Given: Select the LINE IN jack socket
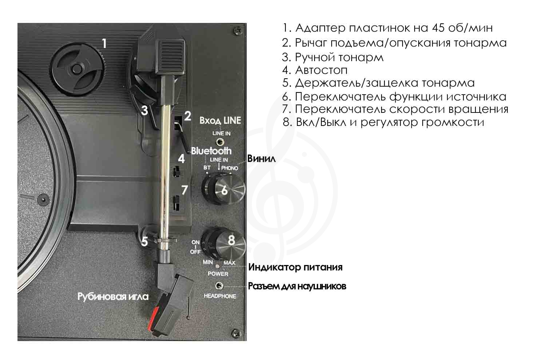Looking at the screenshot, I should pos(220,141).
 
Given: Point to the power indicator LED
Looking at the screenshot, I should pos(217,267).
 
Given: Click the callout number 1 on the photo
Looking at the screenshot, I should pos(104,44).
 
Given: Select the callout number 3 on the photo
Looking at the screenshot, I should pos(145,110).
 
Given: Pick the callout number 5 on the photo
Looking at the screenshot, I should pos(145,241).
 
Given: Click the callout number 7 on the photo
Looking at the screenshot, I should pos(185,190).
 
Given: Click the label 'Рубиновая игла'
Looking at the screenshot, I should pos(113,296).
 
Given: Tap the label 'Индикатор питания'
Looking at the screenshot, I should pos(295,268).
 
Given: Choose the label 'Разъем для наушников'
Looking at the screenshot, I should pos(297,286).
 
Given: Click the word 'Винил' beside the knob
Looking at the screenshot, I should pos(261,159).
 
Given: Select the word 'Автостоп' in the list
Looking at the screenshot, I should pos(321,70).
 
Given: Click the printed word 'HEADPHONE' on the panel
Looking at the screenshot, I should pos(219,296).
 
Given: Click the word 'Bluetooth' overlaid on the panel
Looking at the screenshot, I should pos(211,151).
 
